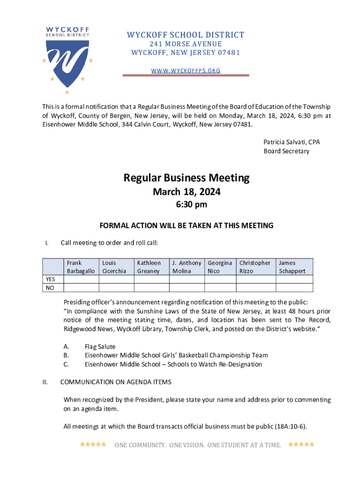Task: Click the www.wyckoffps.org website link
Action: (186, 71)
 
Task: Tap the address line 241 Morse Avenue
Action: (186, 44)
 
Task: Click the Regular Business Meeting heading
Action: (186, 178)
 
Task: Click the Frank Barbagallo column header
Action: (80, 267)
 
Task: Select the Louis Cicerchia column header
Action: (115, 267)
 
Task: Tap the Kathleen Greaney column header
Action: (151, 267)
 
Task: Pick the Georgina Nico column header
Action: (220, 267)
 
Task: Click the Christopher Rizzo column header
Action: (255, 267)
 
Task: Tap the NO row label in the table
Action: (50, 288)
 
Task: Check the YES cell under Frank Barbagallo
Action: (80, 279)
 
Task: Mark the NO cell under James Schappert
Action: (294, 288)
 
